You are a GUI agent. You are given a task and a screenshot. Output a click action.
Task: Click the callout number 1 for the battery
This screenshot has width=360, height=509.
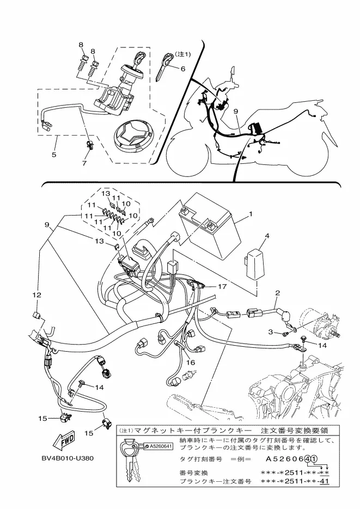coord(251,214)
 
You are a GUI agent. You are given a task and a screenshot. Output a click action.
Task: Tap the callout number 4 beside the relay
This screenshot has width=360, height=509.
coord(267,236)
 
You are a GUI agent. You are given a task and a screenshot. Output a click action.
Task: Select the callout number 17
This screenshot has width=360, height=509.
coord(222,287)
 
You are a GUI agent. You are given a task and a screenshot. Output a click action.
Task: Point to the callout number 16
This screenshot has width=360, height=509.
coord(191,363)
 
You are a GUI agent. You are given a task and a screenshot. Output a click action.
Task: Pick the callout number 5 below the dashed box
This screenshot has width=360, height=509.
coord(54,155)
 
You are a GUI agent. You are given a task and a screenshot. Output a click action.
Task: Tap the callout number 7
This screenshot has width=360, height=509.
coord(84,163)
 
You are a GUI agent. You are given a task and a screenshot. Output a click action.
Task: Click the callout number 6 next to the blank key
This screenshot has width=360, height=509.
coord(183,69)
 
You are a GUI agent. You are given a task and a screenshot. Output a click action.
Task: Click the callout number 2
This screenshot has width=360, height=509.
coord(278,293)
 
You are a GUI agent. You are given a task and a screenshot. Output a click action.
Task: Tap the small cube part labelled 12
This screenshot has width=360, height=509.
coord(36,314)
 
